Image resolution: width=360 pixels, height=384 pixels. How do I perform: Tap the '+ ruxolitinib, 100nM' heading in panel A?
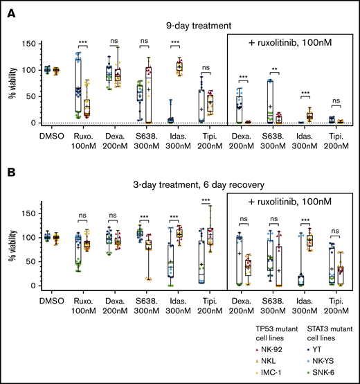point(290,42)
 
